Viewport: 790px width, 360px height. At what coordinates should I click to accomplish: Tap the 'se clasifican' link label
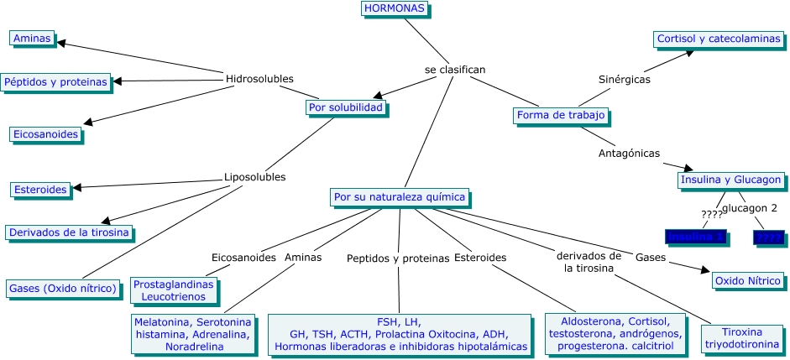pyautogui.click(x=455, y=70)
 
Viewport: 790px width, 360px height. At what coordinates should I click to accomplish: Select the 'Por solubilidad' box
pyautogui.click(x=345, y=107)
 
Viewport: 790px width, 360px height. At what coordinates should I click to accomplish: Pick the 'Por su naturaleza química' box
pyautogui.click(x=400, y=197)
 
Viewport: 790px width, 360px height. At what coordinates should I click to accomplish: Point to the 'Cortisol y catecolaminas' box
pyautogui.click(x=718, y=39)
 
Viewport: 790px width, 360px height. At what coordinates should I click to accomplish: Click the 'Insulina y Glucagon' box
pyautogui.click(x=731, y=180)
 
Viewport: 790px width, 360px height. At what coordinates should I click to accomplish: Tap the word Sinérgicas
pyautogui.click(x=625, y=79)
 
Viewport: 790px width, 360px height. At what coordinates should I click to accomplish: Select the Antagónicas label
pyautogui.click(x=629, y=153)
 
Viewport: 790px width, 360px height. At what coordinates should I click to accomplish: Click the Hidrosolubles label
pyautogui.click(x=259, y=79)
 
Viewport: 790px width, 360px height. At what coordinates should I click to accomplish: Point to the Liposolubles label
pyautogui.click(x=254, y=177)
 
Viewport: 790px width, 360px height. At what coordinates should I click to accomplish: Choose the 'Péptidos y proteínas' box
pyautogui.click(x=56, y=81)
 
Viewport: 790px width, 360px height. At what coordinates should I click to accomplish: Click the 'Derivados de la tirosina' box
pyautogui.click(x=69, y=232)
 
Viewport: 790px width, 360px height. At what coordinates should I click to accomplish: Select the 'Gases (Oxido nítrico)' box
pyautogui.click(x=62, y=289)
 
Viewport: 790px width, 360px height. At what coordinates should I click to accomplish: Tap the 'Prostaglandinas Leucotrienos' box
pyautogui.click(x=174, y=290)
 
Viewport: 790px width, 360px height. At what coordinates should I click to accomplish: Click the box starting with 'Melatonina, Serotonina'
pyautogui.click(x=193, y=334)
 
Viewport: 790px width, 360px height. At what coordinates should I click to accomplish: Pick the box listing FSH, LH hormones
pyautogui.click(x=399, y=334)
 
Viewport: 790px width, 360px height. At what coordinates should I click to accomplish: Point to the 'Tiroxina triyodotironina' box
pyautogui.click(x=746, y=337)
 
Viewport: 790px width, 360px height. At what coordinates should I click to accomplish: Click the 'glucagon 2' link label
pyautogui.click(x=750, y=207)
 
